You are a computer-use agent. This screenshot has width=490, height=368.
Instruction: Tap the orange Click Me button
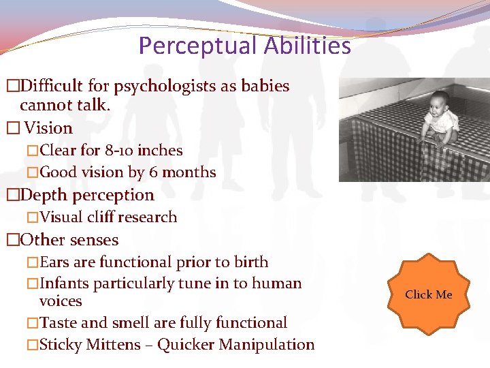click(428, 294)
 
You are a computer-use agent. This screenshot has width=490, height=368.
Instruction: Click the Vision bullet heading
click(48, 128)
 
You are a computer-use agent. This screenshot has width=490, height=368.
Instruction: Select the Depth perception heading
click(87, 195)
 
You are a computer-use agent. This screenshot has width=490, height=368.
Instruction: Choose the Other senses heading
click(69, 240)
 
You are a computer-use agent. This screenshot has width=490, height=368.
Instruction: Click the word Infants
click(66, 283)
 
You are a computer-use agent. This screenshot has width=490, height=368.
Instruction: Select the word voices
click(61, 301)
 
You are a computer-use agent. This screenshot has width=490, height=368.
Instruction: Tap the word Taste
click(58, 323)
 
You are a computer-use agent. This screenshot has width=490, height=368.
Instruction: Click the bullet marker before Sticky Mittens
click(32, 346)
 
